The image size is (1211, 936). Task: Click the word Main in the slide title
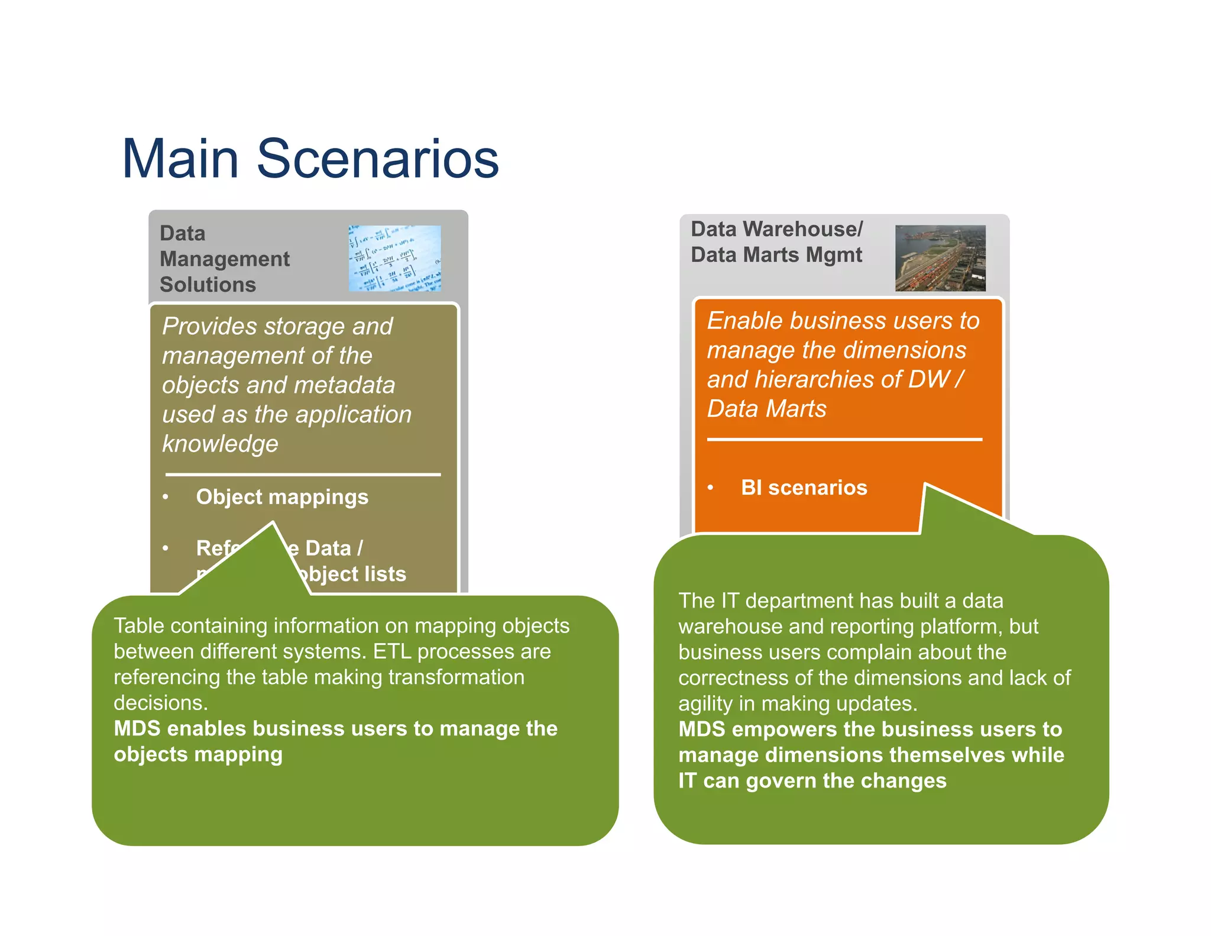[x=180, y=159]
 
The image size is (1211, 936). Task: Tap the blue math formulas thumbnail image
[x=394, y=259]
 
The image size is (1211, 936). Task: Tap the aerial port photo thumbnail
[x=940, y=258]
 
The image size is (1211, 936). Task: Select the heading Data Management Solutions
[x=225, y=259]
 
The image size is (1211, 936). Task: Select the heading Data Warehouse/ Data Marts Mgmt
[x=776, y=242]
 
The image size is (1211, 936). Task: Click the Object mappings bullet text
[x=282, y=497]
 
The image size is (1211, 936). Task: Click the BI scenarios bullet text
[x=804, y=488]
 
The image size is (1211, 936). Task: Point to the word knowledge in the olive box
[x=220, y=444]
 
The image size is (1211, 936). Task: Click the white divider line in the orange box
[x=844, y=440]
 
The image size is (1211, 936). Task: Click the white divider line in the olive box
[x=303, y=475]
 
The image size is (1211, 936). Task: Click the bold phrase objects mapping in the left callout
[x=198, y=754]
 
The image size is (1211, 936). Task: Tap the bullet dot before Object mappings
[x=166, y=497]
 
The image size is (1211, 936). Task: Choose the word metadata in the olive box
[x=345, y=385]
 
